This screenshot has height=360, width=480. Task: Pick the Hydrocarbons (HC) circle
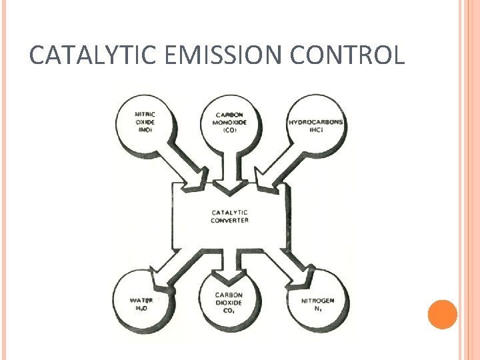(315, 124)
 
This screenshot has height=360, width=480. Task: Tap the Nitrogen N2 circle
(317, 304)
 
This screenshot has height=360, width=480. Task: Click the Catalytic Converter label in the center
(229, 216)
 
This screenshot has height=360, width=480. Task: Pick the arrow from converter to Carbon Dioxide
(230, 263)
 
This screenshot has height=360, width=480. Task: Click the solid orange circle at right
(442, 314)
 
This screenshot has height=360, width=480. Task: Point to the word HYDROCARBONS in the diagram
(315, 123)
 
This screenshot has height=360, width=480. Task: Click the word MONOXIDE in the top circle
(230, 122)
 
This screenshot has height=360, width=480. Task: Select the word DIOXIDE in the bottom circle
(229, 303)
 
